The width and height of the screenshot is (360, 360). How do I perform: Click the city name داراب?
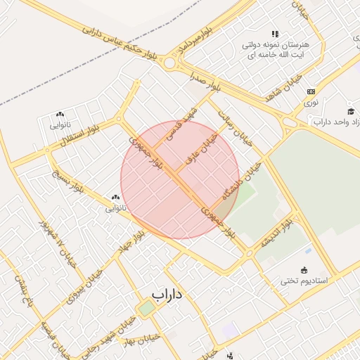167,294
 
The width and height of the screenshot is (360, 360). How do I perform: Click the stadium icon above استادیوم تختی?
304,269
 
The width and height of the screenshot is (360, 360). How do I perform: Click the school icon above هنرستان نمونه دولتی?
275,33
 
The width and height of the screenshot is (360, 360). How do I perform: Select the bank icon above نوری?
311,91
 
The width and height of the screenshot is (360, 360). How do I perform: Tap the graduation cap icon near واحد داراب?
351,110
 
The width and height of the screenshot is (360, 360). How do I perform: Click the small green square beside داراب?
146,308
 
